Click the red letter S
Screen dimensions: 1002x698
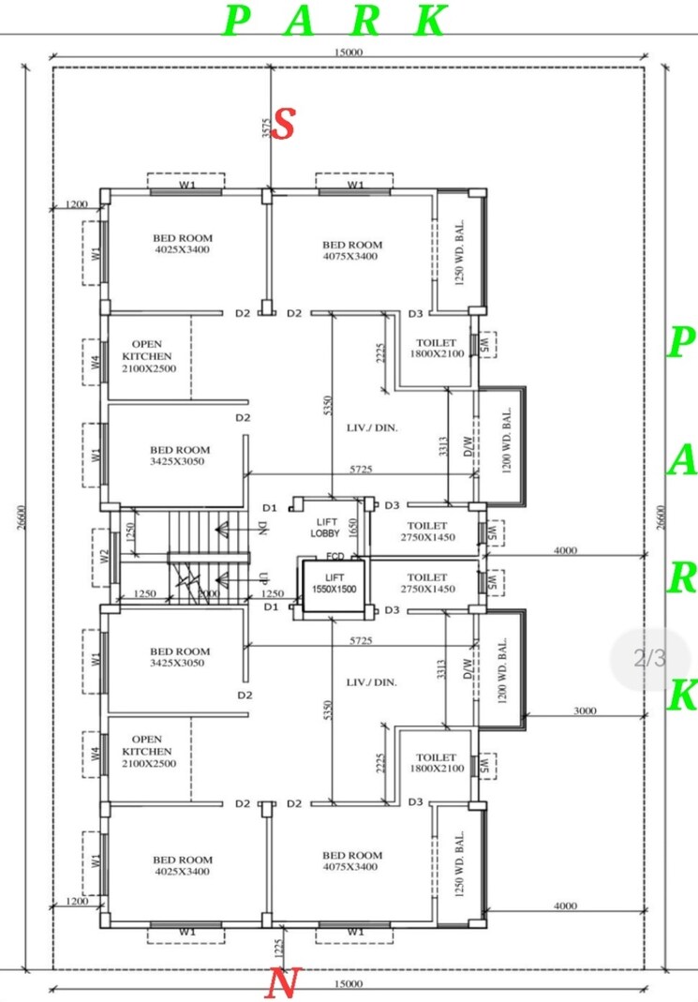(x=284, y=126)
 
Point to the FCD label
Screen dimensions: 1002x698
(x=334, y=556)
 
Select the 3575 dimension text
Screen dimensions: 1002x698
(x=265, y=128)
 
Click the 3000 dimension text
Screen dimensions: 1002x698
(x=585, y=711)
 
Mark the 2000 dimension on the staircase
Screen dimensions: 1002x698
(x=208, y=594)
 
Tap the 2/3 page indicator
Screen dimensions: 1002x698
(x=648, y=658)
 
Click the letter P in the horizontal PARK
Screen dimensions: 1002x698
(x=238, y=21)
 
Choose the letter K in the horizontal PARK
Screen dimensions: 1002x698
(x=432, y=21)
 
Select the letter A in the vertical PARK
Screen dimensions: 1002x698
(x=681, y=461)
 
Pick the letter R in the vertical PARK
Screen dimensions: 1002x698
(x=681, y=579)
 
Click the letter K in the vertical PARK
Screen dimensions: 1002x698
(x=682, y=696)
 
